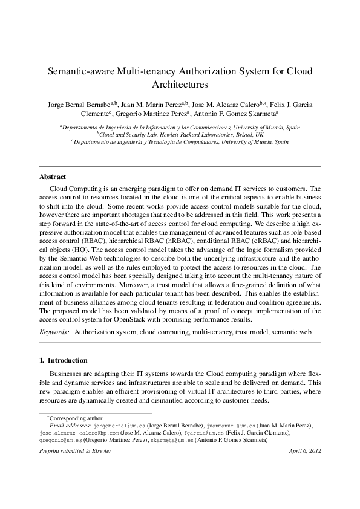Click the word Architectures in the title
(x=180, y=85)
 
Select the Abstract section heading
(x=53, y=177)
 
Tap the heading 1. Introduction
(x=63, y=360)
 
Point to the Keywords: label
(x=54, y=332)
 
